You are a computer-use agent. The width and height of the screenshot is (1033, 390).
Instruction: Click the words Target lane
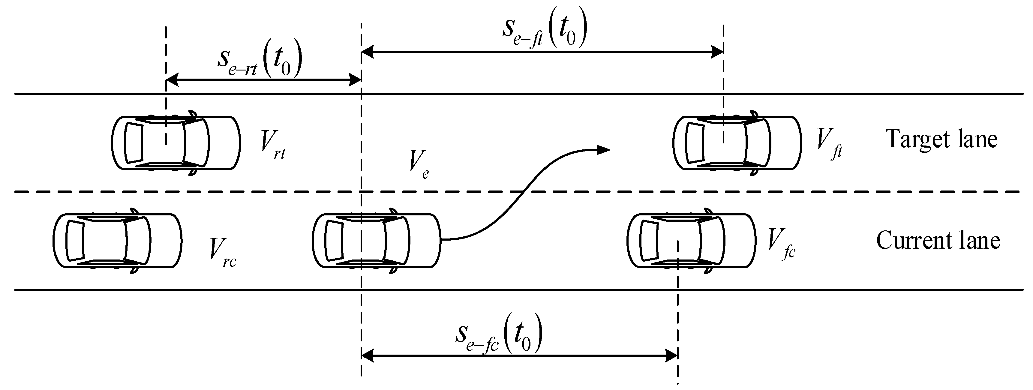point(941,139)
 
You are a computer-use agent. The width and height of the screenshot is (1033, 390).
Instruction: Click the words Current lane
point(938,241)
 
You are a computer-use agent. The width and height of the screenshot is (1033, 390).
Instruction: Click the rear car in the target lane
point(176,143)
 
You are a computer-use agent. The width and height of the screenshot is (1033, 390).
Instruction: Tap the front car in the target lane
point(737,143)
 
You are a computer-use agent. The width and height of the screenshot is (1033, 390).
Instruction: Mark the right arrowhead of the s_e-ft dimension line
point(717,52)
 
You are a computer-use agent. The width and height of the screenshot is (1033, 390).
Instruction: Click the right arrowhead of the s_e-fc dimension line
point(672,355)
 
